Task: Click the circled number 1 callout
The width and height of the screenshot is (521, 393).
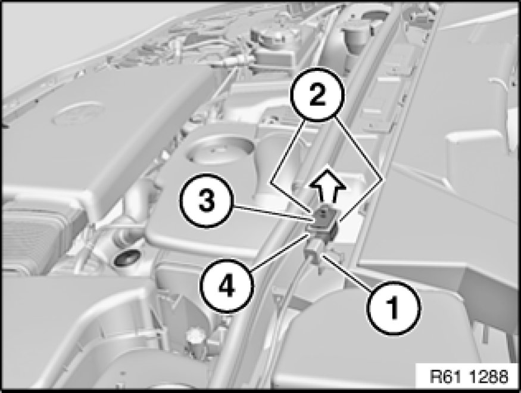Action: click(x=394, y=308)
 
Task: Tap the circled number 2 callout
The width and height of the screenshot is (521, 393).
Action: click(x=317, y=94)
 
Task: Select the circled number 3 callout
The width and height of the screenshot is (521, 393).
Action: click(x=207, y=200)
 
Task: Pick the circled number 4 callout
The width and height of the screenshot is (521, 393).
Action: click(x=227, y=286)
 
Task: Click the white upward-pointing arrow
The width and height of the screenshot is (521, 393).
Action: click(x=327, y=186)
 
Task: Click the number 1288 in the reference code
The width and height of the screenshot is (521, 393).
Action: click(x=489, y=377)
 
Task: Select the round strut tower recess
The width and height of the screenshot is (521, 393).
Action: click(x=219, y=151)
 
